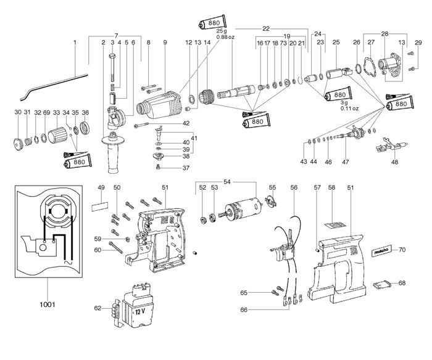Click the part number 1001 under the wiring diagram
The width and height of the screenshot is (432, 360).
(48, 304)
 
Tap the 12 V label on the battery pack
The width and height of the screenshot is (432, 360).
(140, 312)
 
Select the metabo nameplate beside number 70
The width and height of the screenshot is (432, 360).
(381, 250)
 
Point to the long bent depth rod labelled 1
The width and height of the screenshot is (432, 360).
(53, 86)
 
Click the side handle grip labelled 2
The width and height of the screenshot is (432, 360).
(113, 152)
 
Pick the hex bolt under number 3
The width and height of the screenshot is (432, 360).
(112, 66)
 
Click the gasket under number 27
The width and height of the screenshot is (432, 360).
(371, 66)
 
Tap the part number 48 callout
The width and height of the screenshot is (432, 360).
(394, 162)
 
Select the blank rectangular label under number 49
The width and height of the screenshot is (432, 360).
(99, 206)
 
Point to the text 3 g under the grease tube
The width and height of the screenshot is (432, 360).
(344, 103)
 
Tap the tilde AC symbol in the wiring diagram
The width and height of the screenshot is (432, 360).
(68, 262)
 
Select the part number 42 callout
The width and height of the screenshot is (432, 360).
(186, 123)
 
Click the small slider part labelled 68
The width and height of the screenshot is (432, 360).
(382, 284)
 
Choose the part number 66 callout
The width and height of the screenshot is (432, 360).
(244, 309)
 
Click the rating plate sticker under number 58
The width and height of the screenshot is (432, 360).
(335, 225)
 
